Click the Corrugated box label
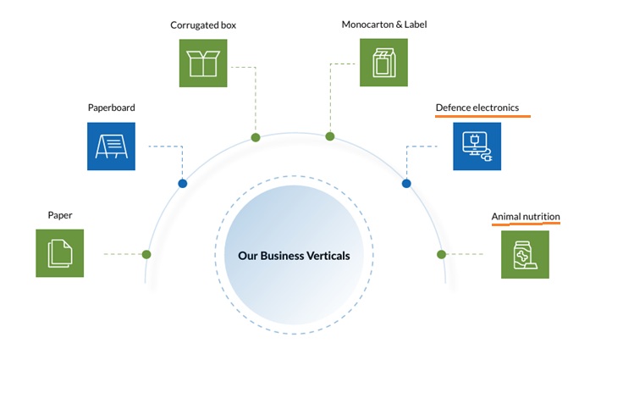203,25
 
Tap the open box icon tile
203,64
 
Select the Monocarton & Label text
384,25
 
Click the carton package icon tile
383,63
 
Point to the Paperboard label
111,108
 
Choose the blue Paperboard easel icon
111,147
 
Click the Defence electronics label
477,108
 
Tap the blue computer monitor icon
477,147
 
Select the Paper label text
60,215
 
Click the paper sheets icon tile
59,253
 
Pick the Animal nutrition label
526,217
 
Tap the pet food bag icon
526,255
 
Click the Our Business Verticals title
294,256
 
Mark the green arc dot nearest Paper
146,254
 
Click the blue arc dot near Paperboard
182,184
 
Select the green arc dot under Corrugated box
256,137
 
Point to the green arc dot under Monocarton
330,136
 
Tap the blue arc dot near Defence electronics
406,184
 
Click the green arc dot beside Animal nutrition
441,254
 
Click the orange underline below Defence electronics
482,117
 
